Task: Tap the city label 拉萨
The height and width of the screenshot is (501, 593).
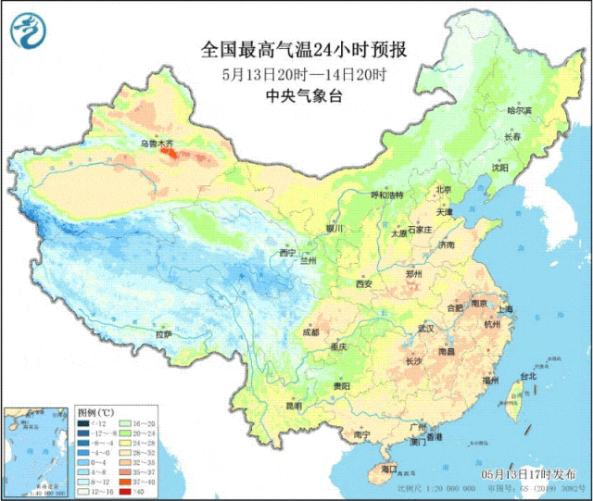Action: tap(164, 333)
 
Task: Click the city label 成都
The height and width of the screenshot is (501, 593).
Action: tap(310, 332)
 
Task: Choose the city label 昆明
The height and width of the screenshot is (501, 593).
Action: tap(294, 405)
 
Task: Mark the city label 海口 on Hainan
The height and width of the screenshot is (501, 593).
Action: tap(375, 470)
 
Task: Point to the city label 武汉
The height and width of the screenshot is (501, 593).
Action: tap(426, 328)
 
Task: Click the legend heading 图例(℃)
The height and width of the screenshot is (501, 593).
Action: tap(95, 409)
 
